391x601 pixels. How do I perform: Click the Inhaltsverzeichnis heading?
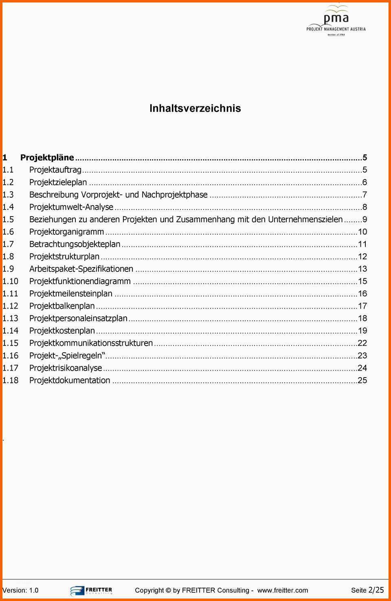[195, 108]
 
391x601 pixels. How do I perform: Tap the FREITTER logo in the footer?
[91, 590]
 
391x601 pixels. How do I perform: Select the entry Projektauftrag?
[55, 170]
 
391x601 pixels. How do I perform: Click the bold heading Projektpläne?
[47, 157]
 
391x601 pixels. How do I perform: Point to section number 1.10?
[10, 281]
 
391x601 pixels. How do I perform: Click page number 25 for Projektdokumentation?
[362, 380]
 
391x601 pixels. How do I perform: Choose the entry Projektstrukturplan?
[64, 256]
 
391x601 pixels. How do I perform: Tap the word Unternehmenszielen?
[305, 219]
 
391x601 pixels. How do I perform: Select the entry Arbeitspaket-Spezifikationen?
[81, 269]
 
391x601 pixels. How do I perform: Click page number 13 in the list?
[362, 269]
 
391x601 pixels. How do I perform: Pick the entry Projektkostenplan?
[62, 331]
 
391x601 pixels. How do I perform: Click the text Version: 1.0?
[20, 590]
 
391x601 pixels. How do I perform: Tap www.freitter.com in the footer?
[282, 590]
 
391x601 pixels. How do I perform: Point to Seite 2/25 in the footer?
[367, 590]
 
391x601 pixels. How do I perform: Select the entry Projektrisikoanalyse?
[66, 368]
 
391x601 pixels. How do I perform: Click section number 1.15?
[10, 343]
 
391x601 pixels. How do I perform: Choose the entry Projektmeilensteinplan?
[70, 294]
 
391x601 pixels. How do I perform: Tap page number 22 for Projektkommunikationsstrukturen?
[362, 343]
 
